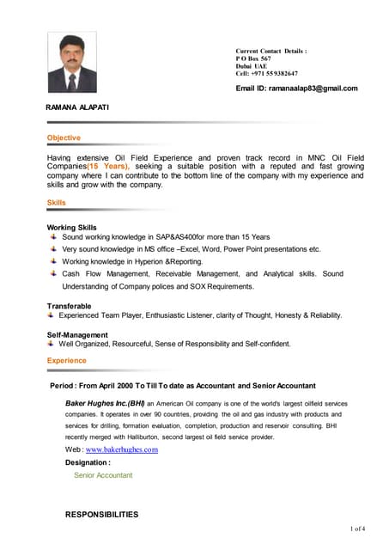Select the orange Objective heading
[x=64, y=137]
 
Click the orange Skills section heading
[x=56, y=203]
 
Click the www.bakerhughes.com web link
[x=122, y=449]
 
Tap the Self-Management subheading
[x=77, y=335]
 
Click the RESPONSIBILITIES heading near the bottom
[x=101, y=514]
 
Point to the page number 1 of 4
[x=358, y=528]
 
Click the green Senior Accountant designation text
[x=103, y=474]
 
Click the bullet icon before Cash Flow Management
[x=53, y=273]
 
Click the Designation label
[x=87, y=461]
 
